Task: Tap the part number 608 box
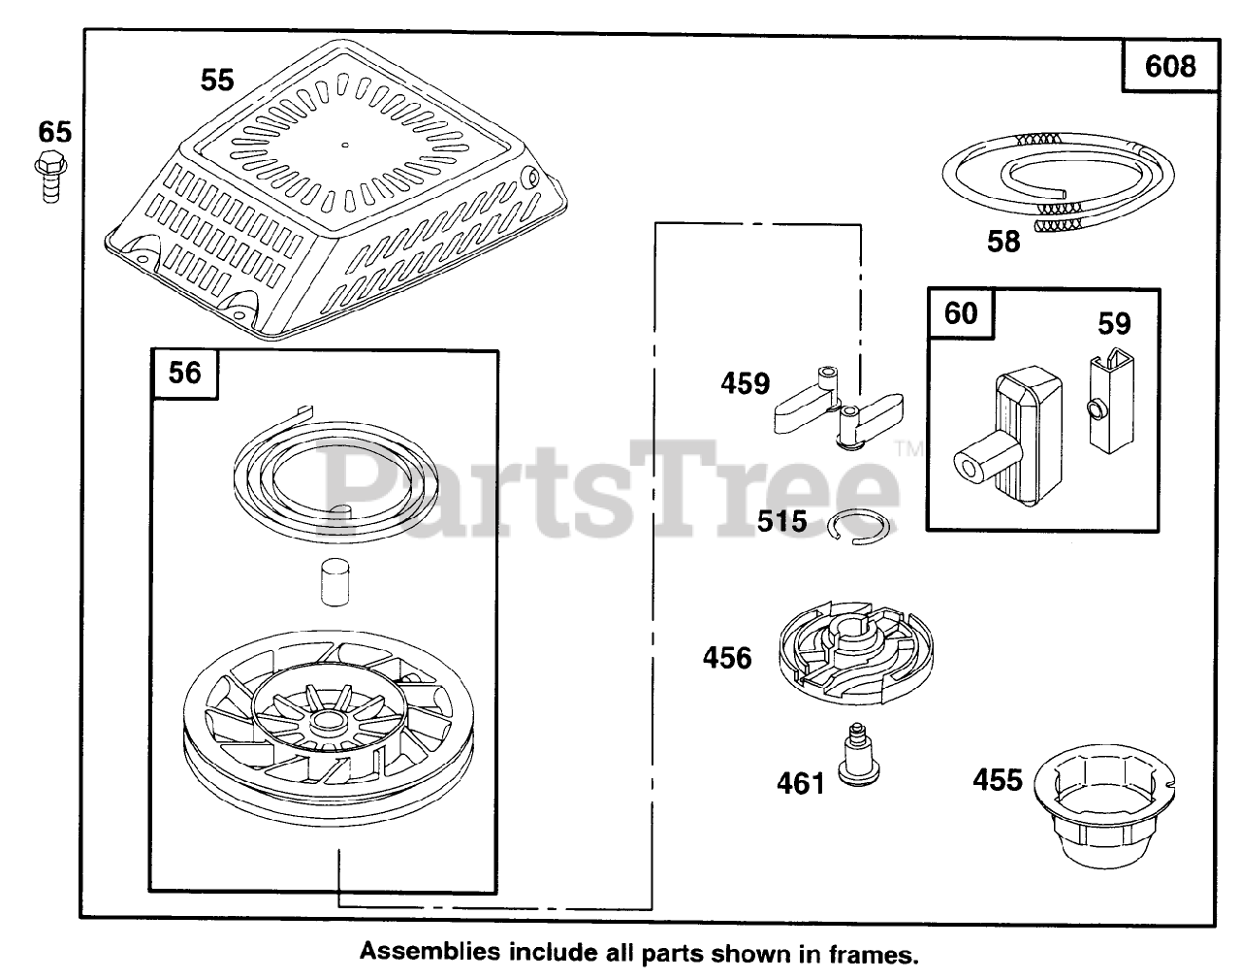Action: (x=1169, y=66)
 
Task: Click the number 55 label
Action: (x=217, y=80)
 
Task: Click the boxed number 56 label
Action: (x=184, y=373)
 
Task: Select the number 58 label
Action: (x=1003, y=241)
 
